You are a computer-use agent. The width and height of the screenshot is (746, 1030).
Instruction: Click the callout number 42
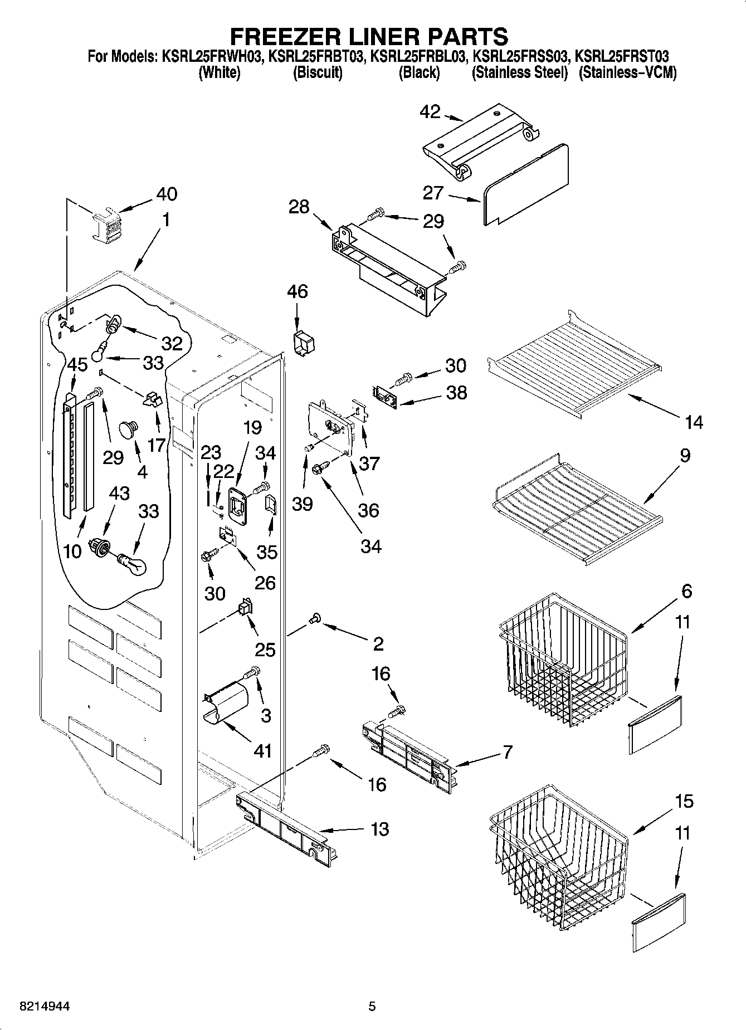430,112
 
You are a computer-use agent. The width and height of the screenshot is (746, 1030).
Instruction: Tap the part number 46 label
298,291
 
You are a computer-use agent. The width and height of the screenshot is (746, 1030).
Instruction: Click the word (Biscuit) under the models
318,73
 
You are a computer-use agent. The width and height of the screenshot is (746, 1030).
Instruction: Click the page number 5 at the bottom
372,1006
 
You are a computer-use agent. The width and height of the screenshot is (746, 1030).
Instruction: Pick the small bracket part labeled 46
301,343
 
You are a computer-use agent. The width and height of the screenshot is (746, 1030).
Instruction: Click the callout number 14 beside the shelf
694,422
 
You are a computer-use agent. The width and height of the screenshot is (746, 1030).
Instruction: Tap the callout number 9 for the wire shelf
685,455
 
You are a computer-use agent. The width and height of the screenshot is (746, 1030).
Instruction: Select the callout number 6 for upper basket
686,590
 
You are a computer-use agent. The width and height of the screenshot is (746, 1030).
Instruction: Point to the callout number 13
379,829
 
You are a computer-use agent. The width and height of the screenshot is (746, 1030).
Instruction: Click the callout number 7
506,753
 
